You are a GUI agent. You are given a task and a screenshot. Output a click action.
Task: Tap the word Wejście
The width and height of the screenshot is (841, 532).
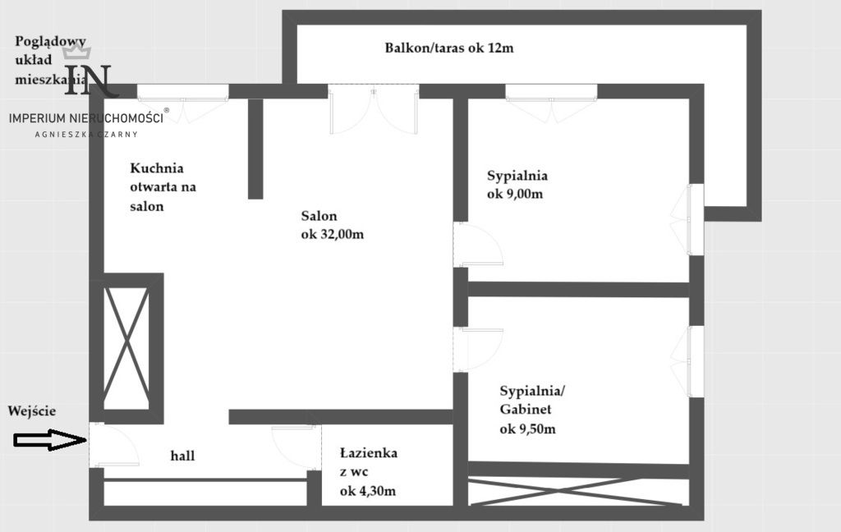32,410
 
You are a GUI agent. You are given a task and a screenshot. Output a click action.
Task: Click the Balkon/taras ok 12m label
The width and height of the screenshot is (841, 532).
448,48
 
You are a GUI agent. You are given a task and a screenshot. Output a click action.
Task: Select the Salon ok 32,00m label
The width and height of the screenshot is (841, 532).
332,225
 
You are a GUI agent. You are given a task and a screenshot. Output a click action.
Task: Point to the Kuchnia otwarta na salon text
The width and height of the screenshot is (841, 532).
163,187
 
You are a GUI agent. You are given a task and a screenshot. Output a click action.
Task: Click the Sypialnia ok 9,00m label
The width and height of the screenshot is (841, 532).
517,185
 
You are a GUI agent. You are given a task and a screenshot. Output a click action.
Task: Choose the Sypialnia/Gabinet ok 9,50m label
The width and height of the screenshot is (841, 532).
527,409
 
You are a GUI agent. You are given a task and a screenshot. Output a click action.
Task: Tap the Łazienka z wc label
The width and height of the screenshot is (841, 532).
369,472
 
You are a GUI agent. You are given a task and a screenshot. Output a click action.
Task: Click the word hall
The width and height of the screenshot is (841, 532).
182,456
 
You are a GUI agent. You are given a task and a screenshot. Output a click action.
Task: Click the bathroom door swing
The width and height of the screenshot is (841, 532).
294,447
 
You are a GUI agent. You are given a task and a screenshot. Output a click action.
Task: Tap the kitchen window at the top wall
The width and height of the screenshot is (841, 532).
182,92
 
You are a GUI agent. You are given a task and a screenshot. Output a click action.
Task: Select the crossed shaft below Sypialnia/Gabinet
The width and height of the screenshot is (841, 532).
577,489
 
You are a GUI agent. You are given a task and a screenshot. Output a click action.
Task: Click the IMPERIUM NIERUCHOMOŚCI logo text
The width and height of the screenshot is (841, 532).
86,117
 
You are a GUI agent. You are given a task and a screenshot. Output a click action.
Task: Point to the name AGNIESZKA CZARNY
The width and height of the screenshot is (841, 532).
86,134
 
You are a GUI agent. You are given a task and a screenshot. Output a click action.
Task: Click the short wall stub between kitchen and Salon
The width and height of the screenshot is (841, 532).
255,148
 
